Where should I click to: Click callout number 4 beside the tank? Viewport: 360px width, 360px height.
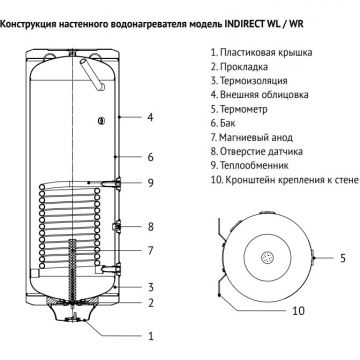[149, 118]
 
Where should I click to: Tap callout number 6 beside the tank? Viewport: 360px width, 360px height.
[149, 157]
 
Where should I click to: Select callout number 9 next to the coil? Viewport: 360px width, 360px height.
[149, 183]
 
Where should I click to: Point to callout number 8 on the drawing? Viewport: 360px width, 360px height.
[149, 227]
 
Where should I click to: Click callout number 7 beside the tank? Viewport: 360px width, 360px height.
[149, 250]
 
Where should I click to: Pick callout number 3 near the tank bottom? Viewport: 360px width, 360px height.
[149, 287]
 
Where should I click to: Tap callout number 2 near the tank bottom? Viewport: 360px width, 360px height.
[149, 302]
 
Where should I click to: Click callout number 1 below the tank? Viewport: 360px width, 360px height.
[149, 337]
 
